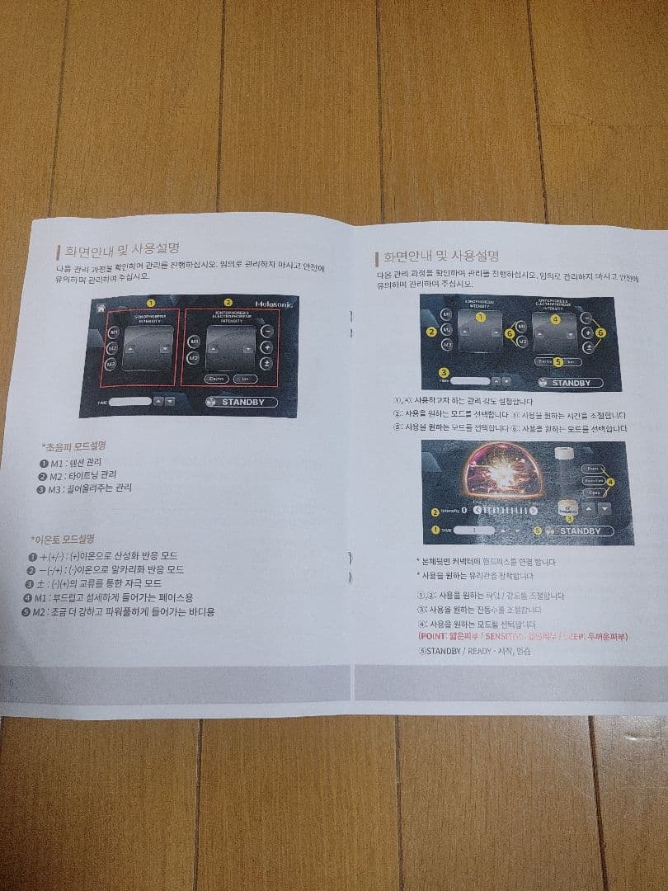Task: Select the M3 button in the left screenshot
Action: (111, 364)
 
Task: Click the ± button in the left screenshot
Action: (266, 363)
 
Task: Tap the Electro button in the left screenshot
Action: (216, 379)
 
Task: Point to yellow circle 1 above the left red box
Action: (150, 303)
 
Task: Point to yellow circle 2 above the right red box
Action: (228, 303)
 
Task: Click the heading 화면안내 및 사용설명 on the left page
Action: (122, 249)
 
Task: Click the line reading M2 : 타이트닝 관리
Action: (78, 475)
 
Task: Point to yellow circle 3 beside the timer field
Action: (444, 373)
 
